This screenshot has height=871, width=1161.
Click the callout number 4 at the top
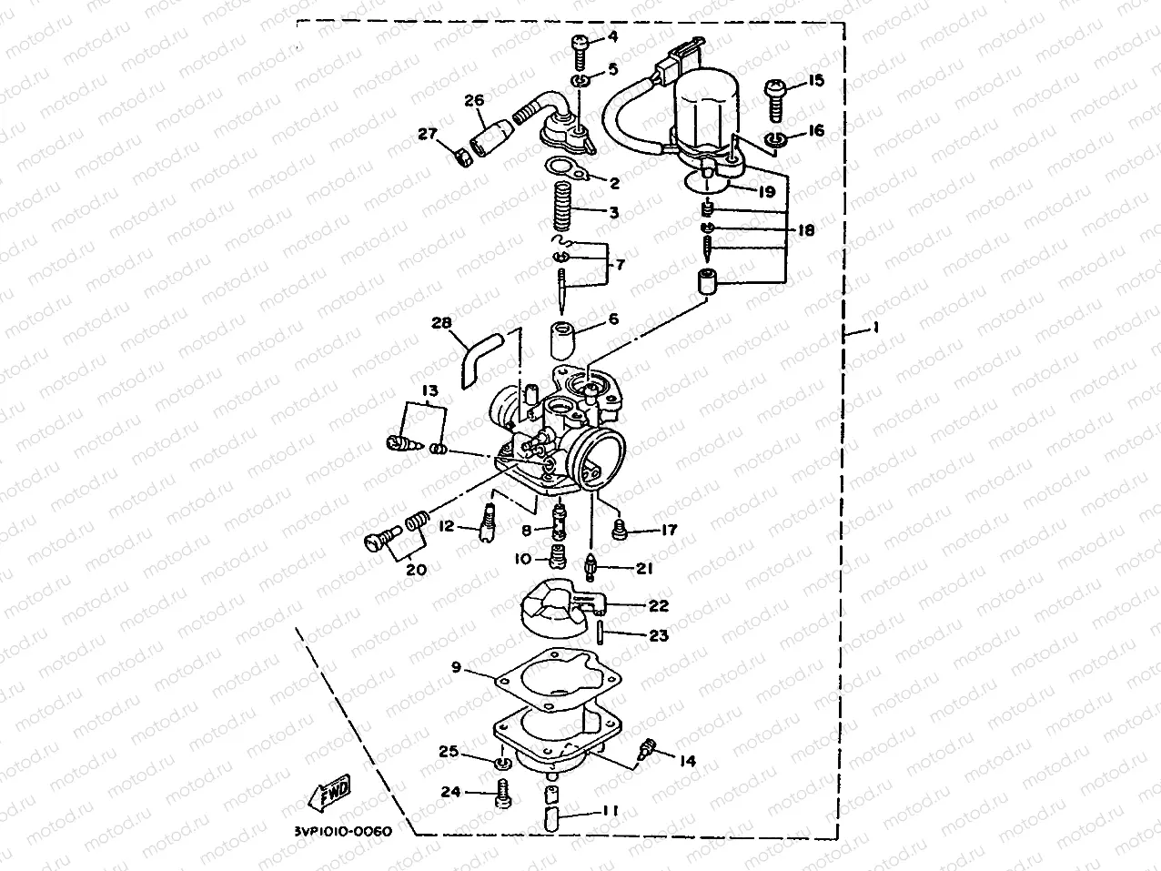611,37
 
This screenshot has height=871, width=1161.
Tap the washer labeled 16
774,139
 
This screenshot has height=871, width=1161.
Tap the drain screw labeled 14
650,749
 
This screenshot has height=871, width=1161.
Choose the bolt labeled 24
501,794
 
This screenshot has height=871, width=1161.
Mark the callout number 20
416,570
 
